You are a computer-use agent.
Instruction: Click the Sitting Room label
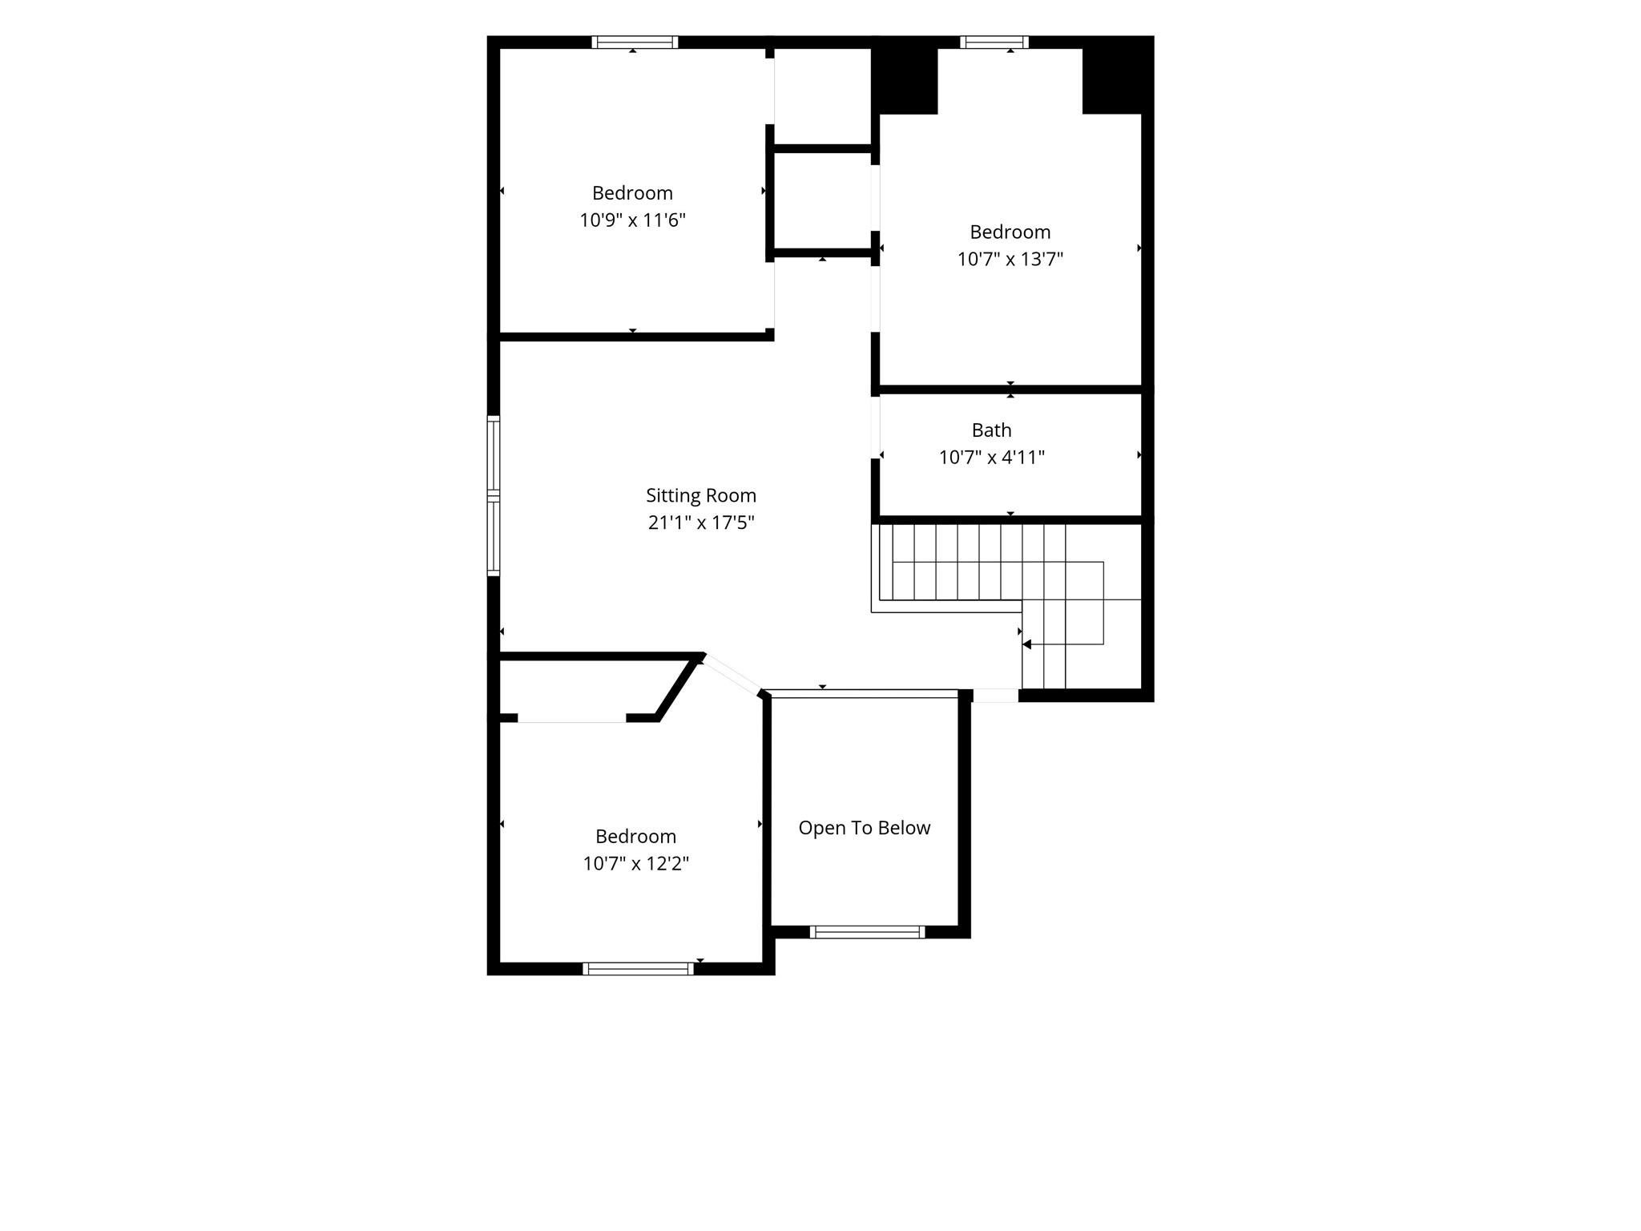701,495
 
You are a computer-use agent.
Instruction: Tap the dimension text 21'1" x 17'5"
701,523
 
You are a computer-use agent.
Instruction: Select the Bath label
991,430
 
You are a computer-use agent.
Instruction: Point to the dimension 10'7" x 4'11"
992,458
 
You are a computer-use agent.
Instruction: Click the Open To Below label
865,828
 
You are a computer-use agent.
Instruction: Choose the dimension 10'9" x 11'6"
633,220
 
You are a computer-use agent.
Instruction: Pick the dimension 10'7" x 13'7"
1010,259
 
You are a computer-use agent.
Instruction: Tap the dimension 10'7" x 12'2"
636,863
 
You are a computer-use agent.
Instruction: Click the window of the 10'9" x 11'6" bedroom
635,42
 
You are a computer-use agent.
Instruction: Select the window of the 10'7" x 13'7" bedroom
994,42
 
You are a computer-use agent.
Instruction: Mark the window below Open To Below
867,931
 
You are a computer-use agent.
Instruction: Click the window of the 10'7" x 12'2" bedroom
638,968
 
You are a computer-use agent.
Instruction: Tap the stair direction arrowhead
1027,644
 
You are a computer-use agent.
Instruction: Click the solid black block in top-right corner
1118,75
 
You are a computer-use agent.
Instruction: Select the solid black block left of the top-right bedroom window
905,75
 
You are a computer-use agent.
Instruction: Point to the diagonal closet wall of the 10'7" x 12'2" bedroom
679,688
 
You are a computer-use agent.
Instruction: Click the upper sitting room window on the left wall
494,454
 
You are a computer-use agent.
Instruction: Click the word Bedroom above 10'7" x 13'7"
1010,232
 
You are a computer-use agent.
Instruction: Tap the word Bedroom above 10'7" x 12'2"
636,836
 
